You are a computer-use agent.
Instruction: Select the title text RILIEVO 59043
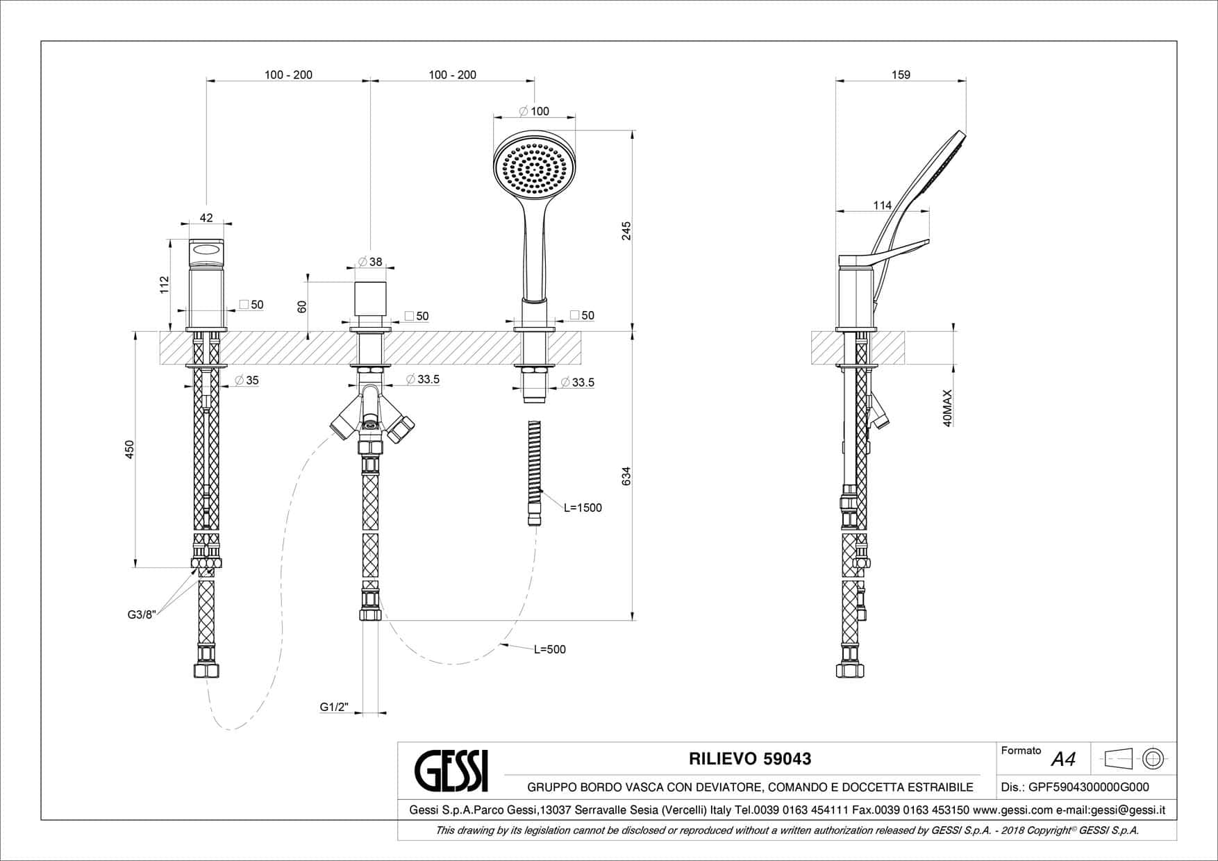(750, 759)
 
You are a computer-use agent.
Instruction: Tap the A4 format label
(1063, 759)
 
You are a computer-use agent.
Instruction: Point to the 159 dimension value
(900, 74)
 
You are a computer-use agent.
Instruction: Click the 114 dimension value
(882, 205)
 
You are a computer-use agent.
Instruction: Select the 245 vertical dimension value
(626, 231)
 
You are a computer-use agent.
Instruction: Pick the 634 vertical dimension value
(626, 476)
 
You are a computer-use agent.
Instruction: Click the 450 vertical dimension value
(129, 450)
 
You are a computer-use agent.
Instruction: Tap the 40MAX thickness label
(947, 408)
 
